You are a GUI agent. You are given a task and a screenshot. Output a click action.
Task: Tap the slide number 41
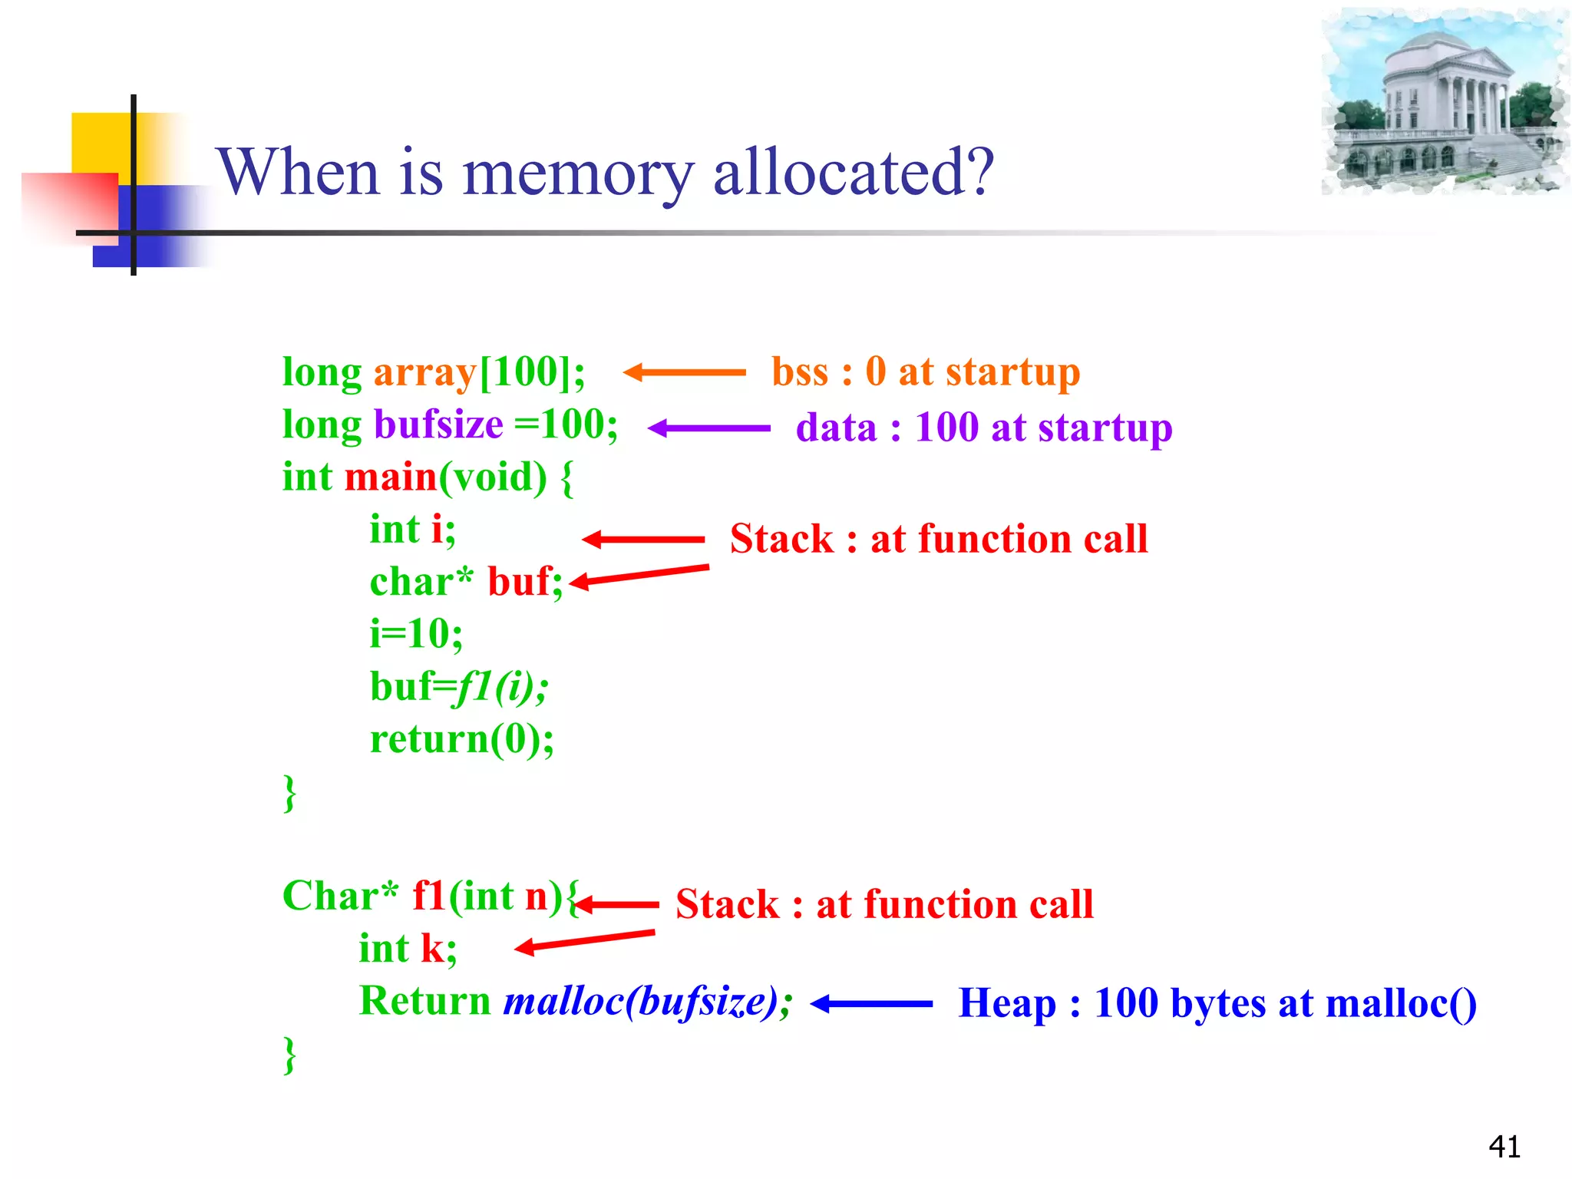pos(1504,1147)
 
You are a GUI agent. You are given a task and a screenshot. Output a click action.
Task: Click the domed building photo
pos(1444,101)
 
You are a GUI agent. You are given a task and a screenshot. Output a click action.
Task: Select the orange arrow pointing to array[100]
pos(684,372)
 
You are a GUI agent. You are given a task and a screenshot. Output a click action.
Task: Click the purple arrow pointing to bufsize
pos(708,428)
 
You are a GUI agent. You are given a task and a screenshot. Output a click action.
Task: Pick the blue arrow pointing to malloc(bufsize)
pos(871,1003)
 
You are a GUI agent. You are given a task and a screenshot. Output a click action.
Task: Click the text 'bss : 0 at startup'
pos(925,372)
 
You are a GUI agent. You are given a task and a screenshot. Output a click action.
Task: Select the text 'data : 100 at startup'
pos(983,428)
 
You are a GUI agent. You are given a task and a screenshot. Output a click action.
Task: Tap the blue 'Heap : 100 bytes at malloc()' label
pos(1217,1003)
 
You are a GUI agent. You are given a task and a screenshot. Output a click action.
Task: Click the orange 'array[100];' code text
pos(479,373)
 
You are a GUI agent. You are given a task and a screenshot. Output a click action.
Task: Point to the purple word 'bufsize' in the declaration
pos(438,424)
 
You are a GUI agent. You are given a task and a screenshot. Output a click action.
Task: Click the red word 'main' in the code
pos(391,477)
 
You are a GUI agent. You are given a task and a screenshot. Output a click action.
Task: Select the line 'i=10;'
pos(416,634)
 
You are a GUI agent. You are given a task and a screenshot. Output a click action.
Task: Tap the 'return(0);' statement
pos(461,739)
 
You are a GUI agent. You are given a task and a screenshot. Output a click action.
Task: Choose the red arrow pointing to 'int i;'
pos(643,540)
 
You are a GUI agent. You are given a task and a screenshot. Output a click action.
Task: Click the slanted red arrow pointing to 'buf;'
pos(639,576)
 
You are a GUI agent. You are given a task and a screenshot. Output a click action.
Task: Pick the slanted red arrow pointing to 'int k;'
pos(584,941)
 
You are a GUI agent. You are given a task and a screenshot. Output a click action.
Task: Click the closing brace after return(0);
pos(289,792)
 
